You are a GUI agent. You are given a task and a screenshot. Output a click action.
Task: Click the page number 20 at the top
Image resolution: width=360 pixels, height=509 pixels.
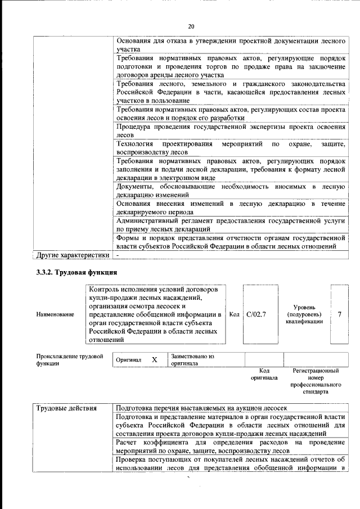191,26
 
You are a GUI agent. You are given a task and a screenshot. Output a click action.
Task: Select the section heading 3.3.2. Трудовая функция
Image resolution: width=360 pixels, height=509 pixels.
76,273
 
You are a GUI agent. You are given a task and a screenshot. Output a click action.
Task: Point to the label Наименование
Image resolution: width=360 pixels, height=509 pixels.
55,314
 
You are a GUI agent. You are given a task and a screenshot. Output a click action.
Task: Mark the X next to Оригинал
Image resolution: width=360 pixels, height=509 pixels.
153,360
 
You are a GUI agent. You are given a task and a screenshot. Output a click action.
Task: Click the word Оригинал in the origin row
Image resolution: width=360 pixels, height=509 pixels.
128,360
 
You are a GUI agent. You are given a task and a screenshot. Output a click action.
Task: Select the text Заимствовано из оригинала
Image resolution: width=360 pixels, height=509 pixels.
192,360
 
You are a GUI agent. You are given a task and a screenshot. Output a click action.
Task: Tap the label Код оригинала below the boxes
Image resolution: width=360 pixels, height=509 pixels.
264,375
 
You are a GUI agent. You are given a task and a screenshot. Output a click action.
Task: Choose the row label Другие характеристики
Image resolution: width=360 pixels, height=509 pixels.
73,255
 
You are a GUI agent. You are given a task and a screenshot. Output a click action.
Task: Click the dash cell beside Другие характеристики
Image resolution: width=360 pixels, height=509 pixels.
118,255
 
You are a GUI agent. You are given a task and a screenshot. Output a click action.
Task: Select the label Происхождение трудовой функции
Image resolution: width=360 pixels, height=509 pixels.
70,360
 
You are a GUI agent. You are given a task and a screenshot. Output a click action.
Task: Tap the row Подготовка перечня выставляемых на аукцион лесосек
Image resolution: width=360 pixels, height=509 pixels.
201,408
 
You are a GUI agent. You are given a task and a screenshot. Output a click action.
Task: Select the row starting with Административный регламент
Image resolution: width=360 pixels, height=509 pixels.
230,225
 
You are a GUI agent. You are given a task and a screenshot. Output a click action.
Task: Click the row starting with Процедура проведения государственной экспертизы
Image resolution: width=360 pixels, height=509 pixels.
230,131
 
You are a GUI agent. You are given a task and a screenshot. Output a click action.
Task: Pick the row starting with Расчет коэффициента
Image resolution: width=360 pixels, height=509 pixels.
230,447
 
